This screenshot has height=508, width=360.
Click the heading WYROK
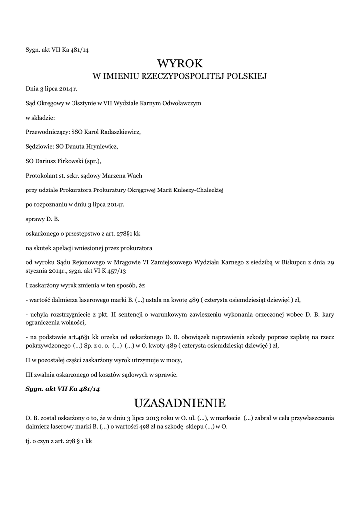click(180, 63)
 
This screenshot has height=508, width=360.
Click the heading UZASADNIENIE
click(180, 402)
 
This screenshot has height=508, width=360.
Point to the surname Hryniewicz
click(101, 147)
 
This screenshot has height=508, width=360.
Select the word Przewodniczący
click(47, 132)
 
